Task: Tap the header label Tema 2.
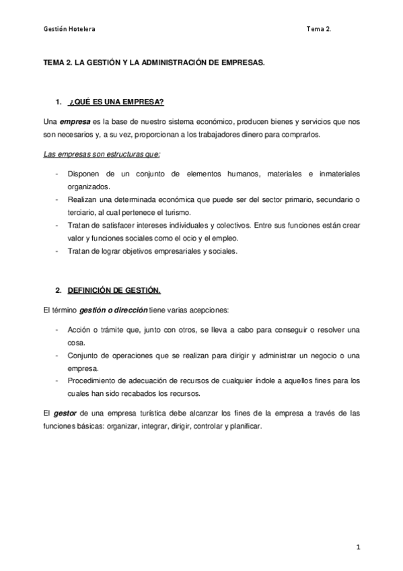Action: click(x=318, y=29)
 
